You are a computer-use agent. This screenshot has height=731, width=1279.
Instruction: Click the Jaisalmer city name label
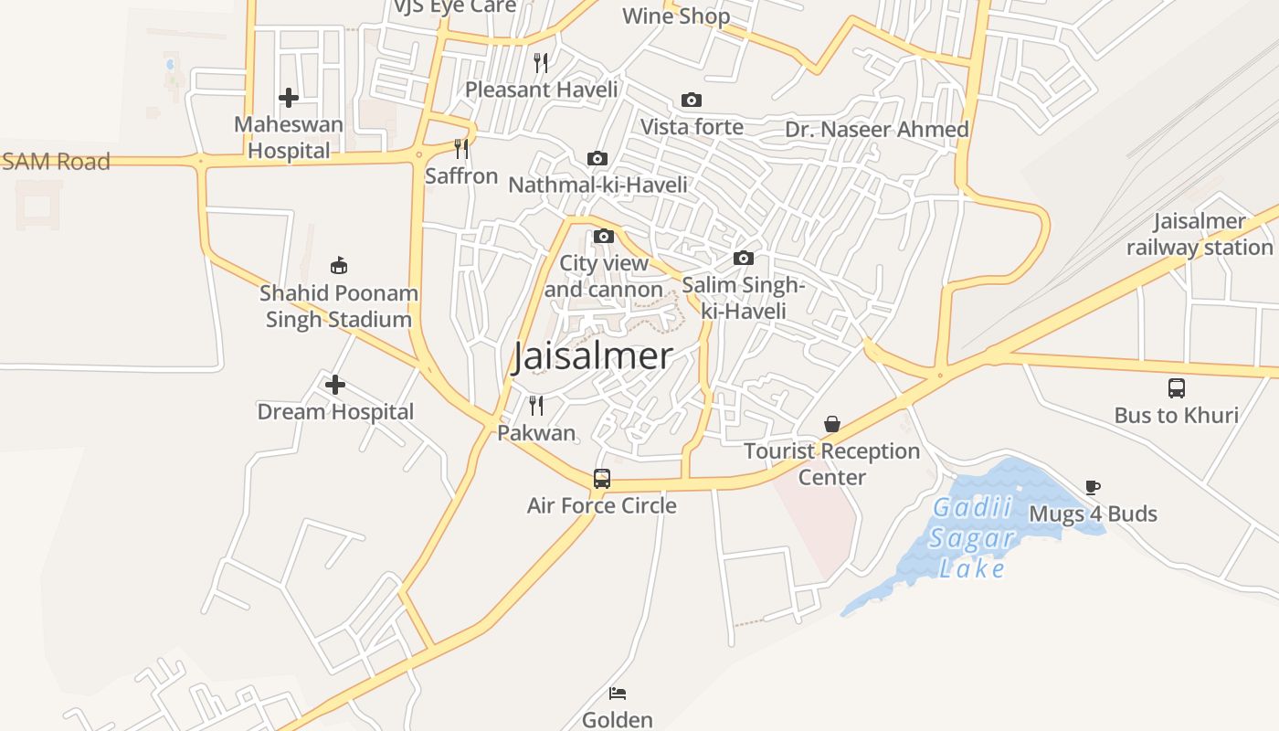pyautogui.click(x=592, y=356)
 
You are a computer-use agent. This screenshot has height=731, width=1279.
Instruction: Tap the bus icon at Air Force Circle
pyautogui.click(x=602, y=478)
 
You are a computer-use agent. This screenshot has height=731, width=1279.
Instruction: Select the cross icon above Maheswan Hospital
pyautogui.click(x=289, y=98)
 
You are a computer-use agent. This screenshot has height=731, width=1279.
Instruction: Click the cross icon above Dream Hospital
pyautogui.click(x=335, y=385)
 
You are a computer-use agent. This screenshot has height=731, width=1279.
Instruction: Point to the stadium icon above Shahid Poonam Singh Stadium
pyautogui.click(x=339, y=266)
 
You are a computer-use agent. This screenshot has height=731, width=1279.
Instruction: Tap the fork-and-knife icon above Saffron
pyautogui.click(x=461, y=148)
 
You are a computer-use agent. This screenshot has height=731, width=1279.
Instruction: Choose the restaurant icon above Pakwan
pyautogui.click(x=536, y=405)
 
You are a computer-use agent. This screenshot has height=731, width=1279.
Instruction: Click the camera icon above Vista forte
pyautogui.click(x=692, y=100)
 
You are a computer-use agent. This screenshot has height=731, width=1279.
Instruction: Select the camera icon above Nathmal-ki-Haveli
pyautogui.click(x=597, y=159)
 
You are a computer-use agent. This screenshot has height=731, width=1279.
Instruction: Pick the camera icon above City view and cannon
pyautogui.click(x=603, y=237)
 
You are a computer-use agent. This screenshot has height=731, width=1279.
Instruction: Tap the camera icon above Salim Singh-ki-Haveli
pyautogui.click(x=744, y=259)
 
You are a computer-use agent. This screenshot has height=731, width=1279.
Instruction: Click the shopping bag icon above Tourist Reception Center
pyautogui.click(x=832, y=424)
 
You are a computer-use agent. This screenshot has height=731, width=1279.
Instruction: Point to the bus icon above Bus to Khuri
pyautogui.click(x=1177, y=388)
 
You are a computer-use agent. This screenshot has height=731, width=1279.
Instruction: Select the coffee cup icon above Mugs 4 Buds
pyautogui.click(x=1093, y=487)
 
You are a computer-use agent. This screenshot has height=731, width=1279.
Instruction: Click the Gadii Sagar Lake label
pyautogui.click(x=973, y=537)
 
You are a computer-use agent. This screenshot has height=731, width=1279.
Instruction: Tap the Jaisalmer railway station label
pyautogui.click(x=1200, y=234)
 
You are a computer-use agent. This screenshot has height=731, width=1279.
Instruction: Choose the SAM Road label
pyautogui.click(x=56, y=162)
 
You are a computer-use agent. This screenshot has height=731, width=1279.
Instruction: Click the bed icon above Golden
pyautogui.click(x=618, y=694)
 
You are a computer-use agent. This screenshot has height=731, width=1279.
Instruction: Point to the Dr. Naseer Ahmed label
pyautogui.click(x=877, y=130)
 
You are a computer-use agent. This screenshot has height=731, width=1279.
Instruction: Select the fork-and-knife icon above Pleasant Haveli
pyautogui.click(x=541, y=63)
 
